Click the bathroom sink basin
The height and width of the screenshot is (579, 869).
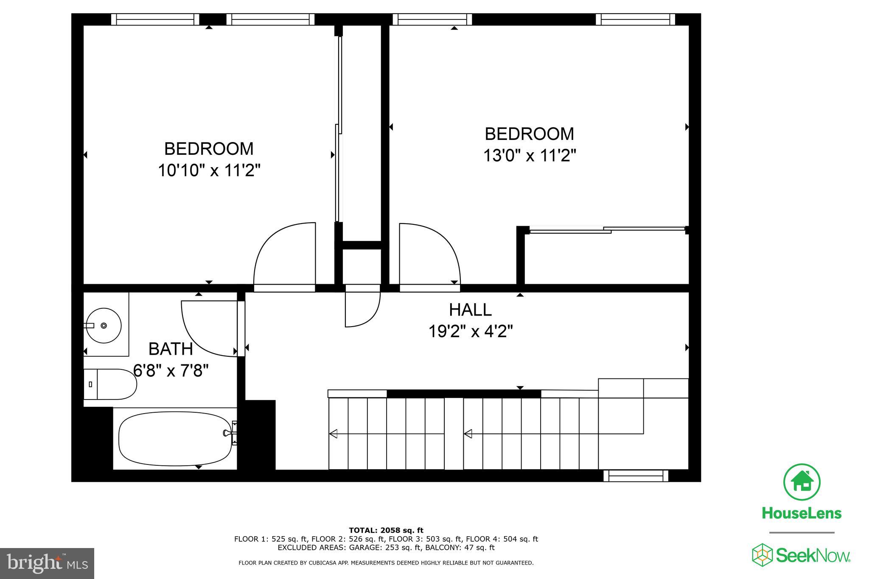point(104,325)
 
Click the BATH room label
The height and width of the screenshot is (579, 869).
point(171,349)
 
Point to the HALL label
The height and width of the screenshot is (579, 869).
point(470,310)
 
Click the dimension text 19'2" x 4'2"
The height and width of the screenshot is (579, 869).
point(470,331)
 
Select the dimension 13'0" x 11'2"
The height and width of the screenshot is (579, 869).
point(529,156)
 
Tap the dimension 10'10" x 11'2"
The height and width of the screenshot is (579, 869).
point(209,171)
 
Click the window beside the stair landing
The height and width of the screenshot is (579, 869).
point(635,476)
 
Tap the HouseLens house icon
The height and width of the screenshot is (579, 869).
point(801,482)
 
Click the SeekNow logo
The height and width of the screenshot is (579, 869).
point(801,555)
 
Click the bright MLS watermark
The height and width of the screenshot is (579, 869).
point(47,563)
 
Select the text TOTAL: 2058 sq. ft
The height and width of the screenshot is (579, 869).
point(386,530)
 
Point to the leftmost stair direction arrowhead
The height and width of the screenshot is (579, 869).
point(333,434)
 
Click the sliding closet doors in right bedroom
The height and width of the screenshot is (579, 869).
point(607,230)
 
